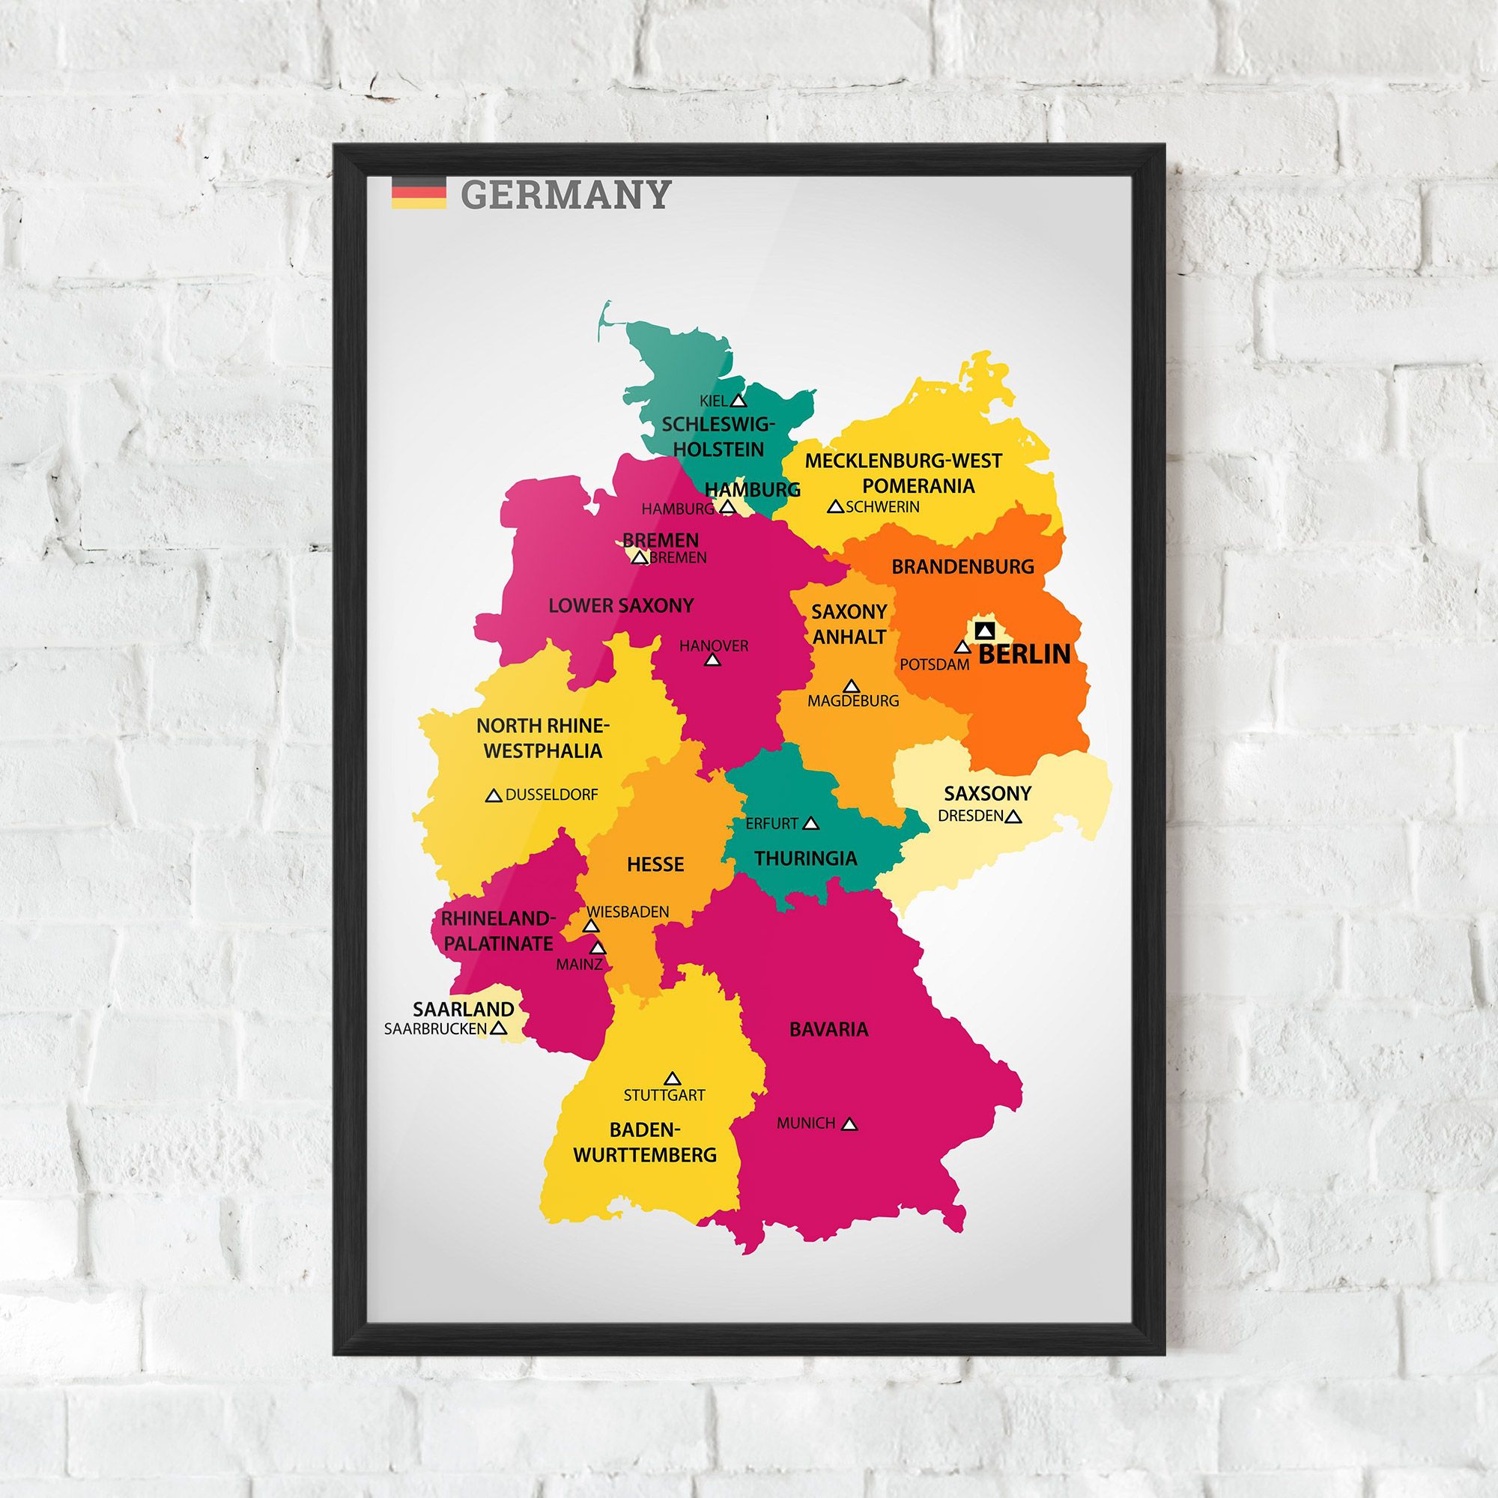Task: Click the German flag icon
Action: (419, 193)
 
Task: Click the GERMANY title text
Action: (565, 195)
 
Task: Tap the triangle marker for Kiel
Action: (739, 401)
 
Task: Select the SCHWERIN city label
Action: (882, 507)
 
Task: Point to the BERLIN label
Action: (1023, 654)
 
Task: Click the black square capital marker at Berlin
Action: (985, 630)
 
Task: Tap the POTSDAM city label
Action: (934, 664)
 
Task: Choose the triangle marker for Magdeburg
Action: (852, 686)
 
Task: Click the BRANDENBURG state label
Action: (962, 567)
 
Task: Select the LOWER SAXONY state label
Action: (621, 605)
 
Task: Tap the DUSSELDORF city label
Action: (551, 795)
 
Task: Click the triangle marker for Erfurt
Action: (811, 823)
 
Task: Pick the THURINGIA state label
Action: (806, 858)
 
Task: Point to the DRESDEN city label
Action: (971, 816)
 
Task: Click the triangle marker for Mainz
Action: (598, 948)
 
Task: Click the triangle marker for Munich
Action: (849, 1123)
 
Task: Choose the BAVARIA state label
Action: (829, 1030)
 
